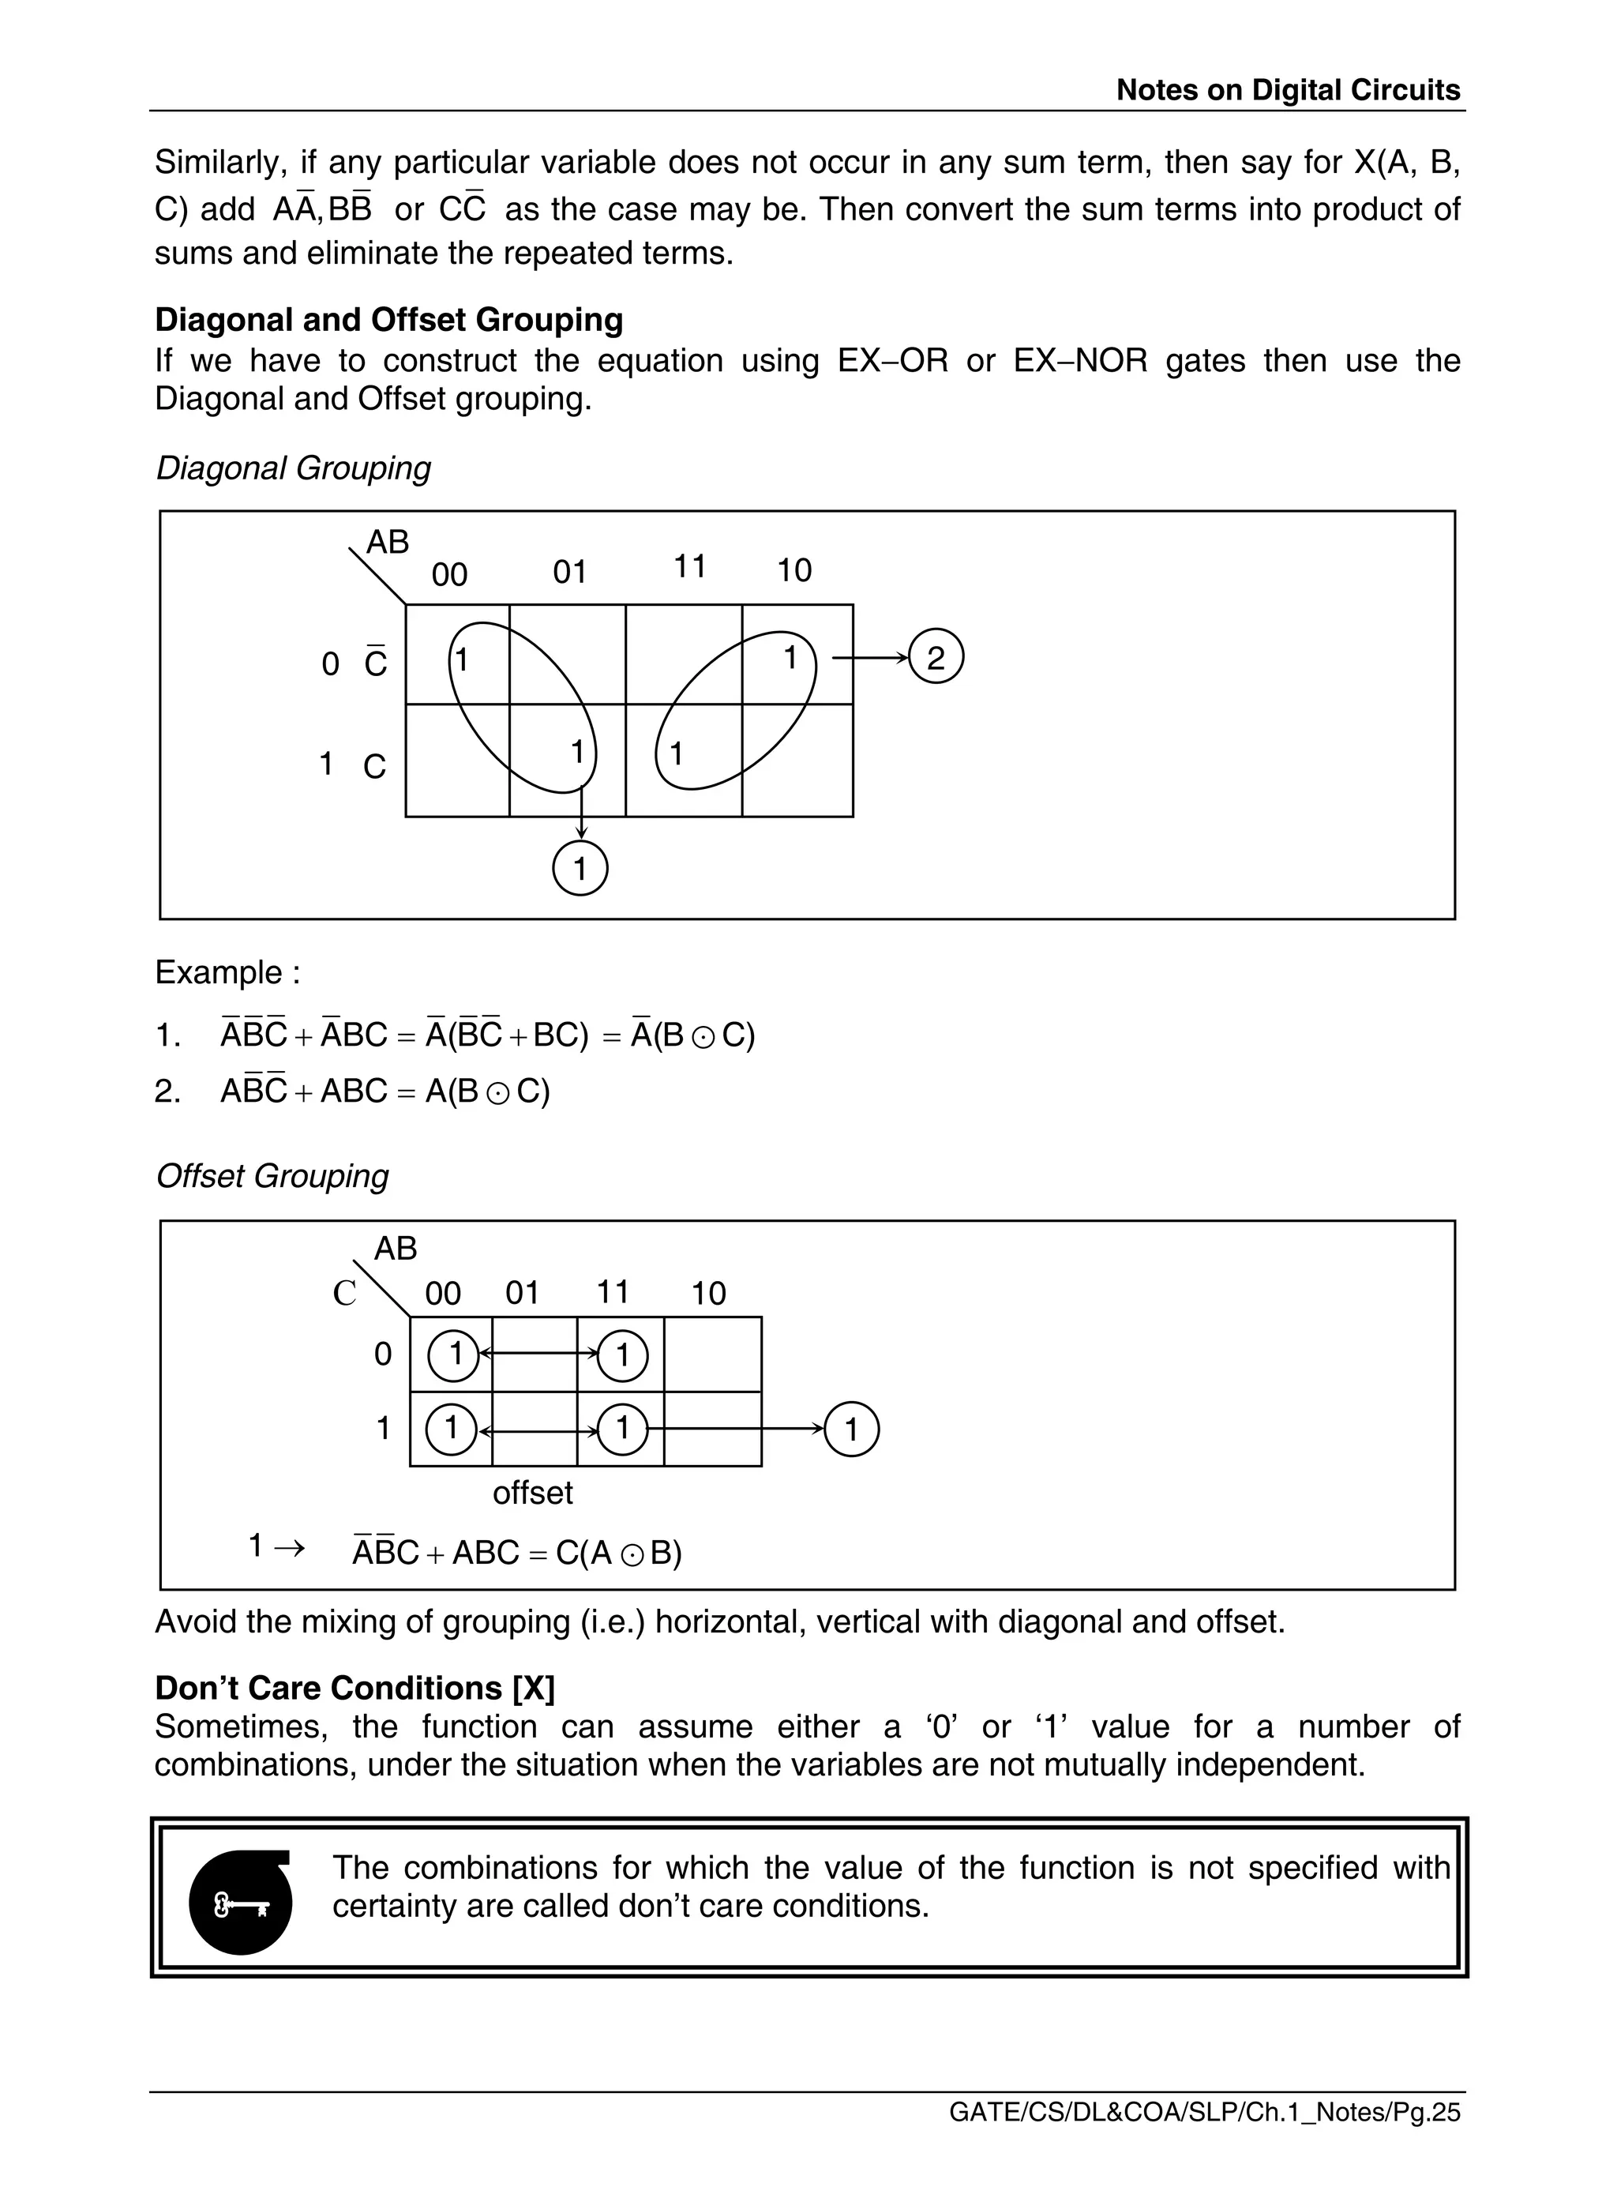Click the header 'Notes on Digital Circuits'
tap(1287, 90)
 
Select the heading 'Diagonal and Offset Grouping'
tap(388, 319)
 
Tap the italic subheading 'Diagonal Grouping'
tap(293, 468)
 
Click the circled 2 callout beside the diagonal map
tap(936, 657)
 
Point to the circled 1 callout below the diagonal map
tap(580, 869)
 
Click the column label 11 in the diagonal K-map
tap(690, 566)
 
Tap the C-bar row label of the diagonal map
tap(376, 663)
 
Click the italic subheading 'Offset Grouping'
tap(272, 1175)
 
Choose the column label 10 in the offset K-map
tap(709, 1294)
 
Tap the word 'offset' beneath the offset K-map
tap(532, 1492)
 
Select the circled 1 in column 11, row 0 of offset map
tap(621, 1355)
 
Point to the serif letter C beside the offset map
tap(344, 1294)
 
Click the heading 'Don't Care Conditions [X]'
tap(355, 1687)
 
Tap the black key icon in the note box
tap(241, 1903)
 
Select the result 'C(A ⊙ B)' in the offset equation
tap(618, 1553)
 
